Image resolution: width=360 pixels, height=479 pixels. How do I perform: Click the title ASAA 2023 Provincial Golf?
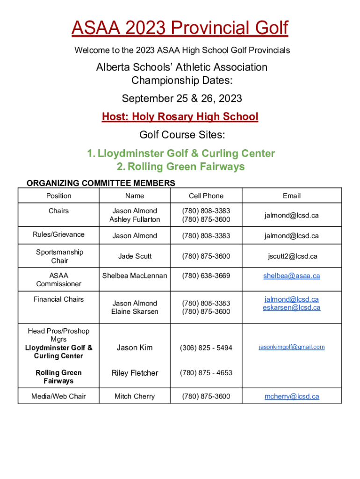pyautogui.click(x=180, y=29)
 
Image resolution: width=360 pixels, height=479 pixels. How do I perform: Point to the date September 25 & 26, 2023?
pyautogui.click(x=182, y=99)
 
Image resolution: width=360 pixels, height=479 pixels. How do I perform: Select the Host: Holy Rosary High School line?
pyautogui.click(x=180, y=117)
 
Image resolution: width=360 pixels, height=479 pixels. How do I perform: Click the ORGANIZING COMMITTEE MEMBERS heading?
pyautogui.click(x=101, y=183)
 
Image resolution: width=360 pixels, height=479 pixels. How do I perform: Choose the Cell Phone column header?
pyautogui.click(x=206, y=196)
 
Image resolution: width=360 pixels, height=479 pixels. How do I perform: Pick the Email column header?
pyautogui.click(x=292, y=196)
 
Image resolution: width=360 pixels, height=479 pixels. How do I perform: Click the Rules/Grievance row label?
pyautogui.click(x=58, y=234)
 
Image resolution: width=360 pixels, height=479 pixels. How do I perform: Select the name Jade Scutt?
pyautogui.click(x=135, y=256)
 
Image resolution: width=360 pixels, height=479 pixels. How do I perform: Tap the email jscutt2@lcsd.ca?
pyautogui.click(x=292, y=256)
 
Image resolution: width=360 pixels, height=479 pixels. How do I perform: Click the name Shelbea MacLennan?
pyautogui.click(x=135, y=276)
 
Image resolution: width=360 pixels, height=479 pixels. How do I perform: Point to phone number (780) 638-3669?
pyautogui.click(x=206, y=276)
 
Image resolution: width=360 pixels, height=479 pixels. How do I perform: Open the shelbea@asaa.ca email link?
pyautogui.click(x=292, y=276)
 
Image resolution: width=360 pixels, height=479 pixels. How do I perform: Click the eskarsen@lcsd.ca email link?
pyautogui.click(x=292, y=307)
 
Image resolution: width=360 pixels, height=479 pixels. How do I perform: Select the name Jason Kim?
pyautogui.click(x=135, y=348)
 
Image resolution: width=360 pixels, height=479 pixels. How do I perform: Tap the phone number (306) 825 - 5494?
pyautogui.click(x=206, y=348)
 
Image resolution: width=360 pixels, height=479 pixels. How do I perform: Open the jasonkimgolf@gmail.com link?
pyautogui.click(x=292, y=347)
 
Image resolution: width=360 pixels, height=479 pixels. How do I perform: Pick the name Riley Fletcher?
pyautogui.click(x=135, y=373)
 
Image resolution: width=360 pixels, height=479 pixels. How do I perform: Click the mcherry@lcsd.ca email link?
pyautogui.click(x=292, y=396)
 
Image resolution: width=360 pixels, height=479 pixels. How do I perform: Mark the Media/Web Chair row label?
pyautogui.click(x=58, y=396)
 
